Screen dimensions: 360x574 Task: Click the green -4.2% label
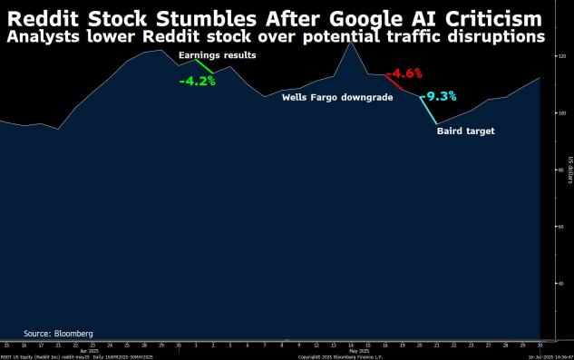(197, 81)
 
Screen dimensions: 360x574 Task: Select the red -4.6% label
(404, 73)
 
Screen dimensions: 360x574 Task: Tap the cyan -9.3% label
(438, 95)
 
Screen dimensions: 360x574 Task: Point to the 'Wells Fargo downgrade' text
(336, 96)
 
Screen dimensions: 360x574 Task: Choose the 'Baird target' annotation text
(466, 131)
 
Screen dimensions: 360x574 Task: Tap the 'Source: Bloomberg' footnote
(58, 333)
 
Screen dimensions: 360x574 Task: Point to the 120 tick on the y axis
(561, 56)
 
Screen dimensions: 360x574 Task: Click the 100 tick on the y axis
(561, 113)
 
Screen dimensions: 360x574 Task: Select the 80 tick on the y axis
(561, 170)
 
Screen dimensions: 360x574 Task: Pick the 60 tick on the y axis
(561, 226)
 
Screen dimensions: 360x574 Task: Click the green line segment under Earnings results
(203, 68)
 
